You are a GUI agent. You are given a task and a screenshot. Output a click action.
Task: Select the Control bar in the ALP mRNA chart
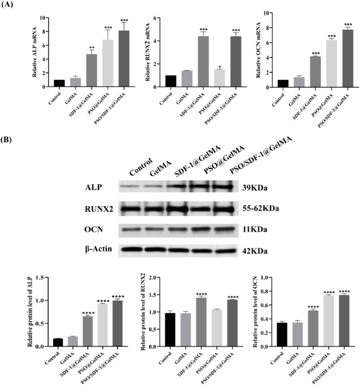(45, 83)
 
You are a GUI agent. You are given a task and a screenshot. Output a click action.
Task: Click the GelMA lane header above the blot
(160, 168)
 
